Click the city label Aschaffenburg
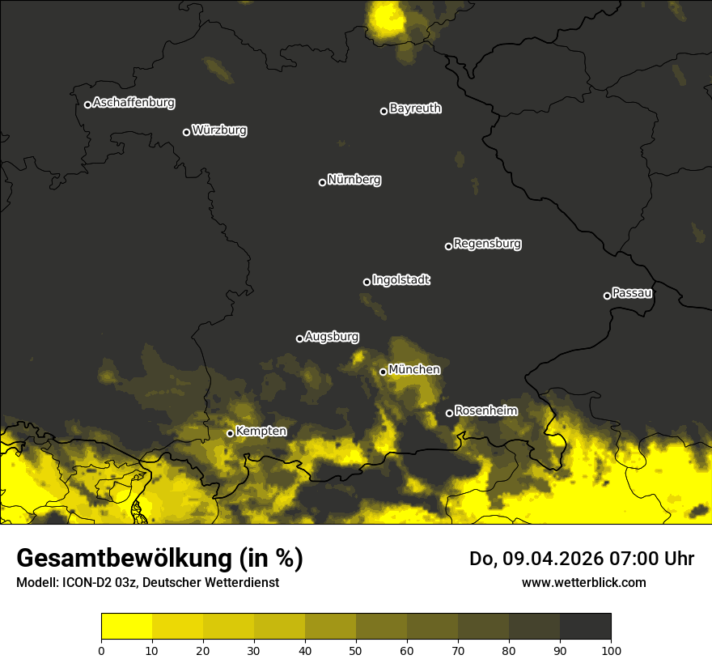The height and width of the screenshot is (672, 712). pyautogui.click(x=133, y=103)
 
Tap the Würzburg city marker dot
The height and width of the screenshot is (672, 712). pyautogui.click(x=186, y=132)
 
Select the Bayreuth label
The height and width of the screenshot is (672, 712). pyautogui.click(x=415, y=108)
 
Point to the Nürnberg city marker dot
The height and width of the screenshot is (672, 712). pyautogui.click(x=322, y=182)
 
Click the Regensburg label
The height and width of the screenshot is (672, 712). pyautogui.click(x=487, y=243)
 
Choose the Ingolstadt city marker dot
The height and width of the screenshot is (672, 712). pyautogui.click(x=367, y=282)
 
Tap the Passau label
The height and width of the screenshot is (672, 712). pyautogui.click(x=632, y=293)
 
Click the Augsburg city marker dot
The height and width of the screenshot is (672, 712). pyautogui.click(x=299, y=338)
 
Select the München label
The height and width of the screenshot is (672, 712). pyautogui.click(x=414, y=370)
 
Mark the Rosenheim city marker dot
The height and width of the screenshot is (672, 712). pyautogui.click(x=449, y=414)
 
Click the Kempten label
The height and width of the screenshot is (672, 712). pyautogui.click(x=261, y=432)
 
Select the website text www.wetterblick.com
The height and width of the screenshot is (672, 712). pyautogui.click(x=583, y=582)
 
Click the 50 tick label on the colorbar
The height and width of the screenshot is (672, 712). pyautogui.click(x=356, y=651)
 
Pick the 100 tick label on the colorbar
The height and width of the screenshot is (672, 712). pyautogui.click(x=611, y=651)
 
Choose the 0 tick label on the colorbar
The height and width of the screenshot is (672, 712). pyautogui.click(x=101, y=651)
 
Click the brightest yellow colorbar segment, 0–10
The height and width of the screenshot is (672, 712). pyautogui.click(x=126, y=627)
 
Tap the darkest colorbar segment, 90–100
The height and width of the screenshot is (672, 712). pyautogui.click(x=585, y=627)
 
